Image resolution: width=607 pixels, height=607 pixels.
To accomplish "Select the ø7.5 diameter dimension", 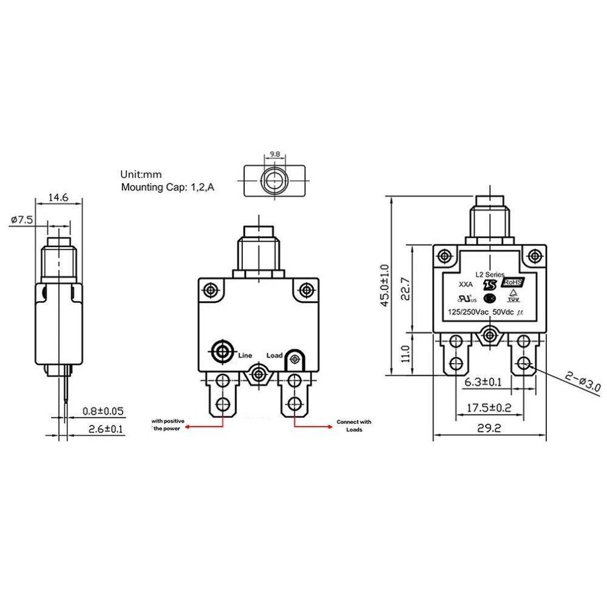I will (22, 220).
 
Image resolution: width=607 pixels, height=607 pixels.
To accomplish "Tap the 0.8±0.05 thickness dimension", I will (103, 411).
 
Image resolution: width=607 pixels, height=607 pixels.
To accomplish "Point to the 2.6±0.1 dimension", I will (103, 429).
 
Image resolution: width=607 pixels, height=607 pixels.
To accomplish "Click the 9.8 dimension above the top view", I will (274, 155).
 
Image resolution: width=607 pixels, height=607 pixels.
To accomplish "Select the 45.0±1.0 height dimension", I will (385, 285).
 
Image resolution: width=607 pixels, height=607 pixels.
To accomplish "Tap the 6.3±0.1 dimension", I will (483, 382).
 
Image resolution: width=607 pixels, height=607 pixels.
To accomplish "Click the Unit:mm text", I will (141, 174).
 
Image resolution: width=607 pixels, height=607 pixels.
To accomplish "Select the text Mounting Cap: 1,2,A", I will (167, 188).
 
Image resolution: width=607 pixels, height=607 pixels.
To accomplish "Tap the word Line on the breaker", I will (245, 355).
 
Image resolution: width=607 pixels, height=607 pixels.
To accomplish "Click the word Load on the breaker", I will (274, 356).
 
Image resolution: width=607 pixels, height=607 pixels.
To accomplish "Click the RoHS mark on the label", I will (512, 283).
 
